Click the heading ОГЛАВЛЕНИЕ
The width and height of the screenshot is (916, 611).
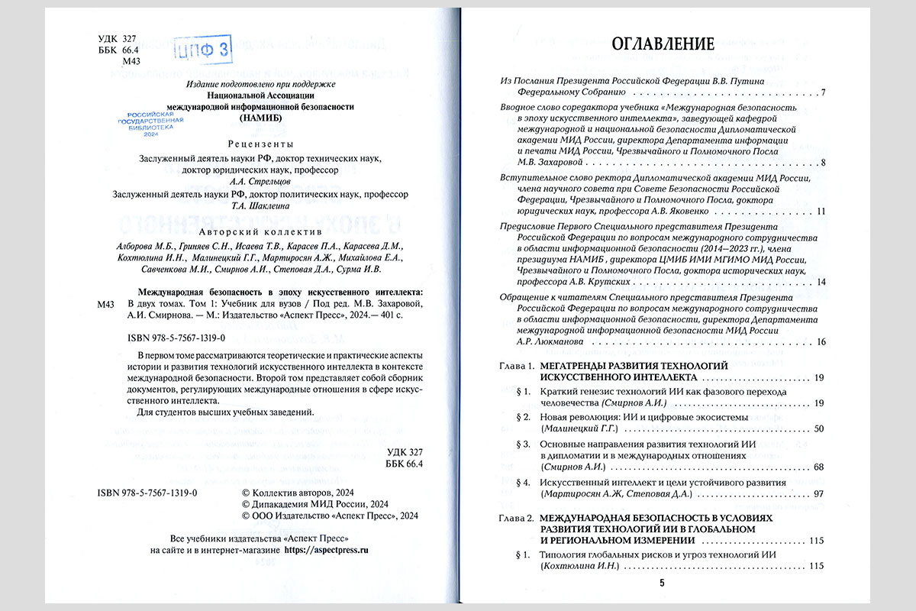(x=663, y=44)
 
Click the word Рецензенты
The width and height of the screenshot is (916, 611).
(x=261, y=144)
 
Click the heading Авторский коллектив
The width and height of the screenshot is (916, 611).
(x=261, y=231)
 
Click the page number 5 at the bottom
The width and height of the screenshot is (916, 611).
(x=662, y=584)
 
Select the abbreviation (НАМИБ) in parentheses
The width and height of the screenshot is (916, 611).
(x=261, y=119)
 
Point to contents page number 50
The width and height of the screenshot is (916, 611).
(x=819, y=429)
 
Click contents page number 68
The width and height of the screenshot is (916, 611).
(x=819, y=467)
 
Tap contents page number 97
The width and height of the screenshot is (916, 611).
(x=819, y=494)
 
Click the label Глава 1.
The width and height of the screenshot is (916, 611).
(x=515, y=367)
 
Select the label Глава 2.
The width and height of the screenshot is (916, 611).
(x=515, y=518)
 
